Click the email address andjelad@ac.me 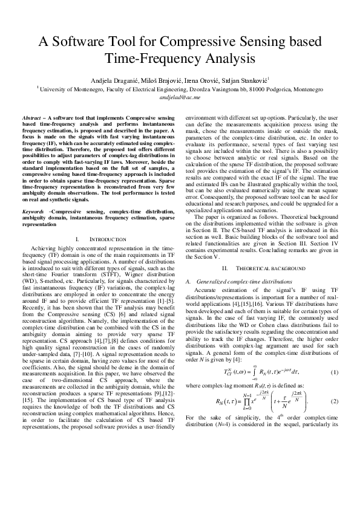180,96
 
